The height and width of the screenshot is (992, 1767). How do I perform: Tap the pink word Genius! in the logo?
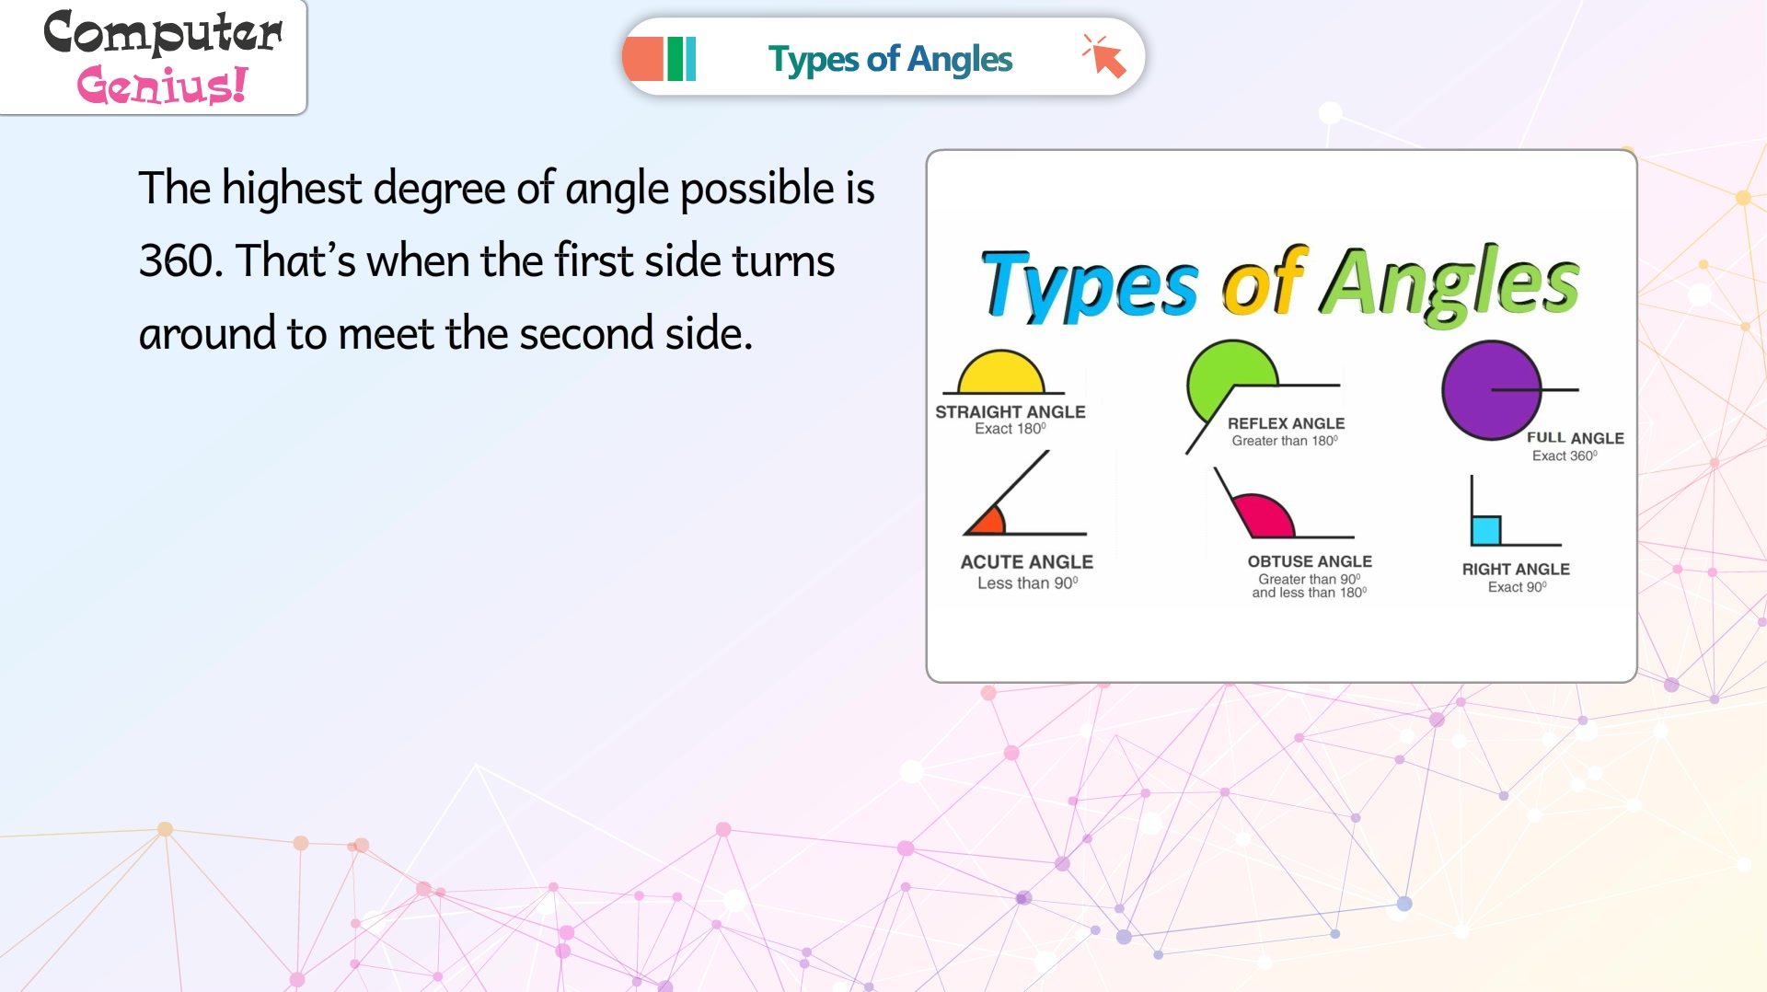click(162, 85)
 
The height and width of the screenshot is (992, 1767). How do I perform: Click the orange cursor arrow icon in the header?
click(1104, 57)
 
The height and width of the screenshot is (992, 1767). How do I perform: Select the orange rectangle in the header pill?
click(642, 59)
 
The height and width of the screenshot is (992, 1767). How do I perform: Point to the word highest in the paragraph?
click(292, 189)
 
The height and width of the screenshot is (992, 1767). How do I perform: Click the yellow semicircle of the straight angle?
click(1001, 372)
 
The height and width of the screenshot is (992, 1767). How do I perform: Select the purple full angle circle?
click(1491, 390)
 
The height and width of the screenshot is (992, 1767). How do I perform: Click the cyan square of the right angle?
click(1486, 530)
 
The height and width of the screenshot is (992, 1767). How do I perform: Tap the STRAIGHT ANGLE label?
click(1011, 412)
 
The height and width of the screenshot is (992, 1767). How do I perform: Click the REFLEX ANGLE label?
click(1286, 423)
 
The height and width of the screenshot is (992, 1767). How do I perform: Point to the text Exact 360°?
click(1565, 456)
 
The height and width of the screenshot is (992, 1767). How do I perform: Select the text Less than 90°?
click(1027, 583)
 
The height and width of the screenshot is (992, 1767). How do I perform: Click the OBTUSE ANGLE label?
click(1310, 561)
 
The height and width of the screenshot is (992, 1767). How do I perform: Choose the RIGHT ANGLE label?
click(1516, 570)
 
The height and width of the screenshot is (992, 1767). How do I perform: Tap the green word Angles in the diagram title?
click(1451, 283)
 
